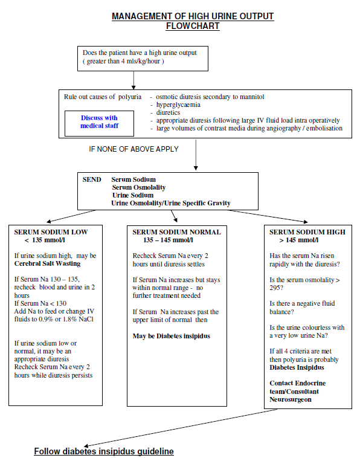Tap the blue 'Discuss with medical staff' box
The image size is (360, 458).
tap(99, 121)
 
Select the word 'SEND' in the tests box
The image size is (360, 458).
tap(92, 179)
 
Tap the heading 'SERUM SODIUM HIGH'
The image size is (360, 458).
tap(307, 232)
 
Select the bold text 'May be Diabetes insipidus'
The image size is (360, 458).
tap(172, 335)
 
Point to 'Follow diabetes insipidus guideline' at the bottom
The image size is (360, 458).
tap(104, 451)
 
